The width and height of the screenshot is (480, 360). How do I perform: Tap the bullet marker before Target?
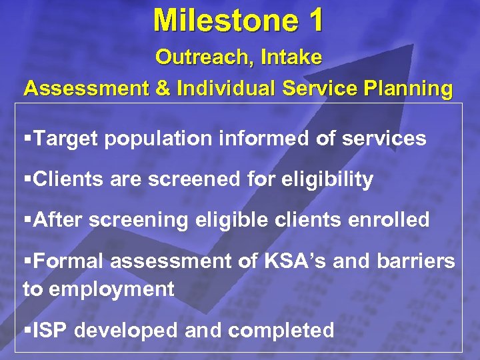pyautogui.click(x=27, y=139)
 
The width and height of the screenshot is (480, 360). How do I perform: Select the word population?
pyautogui.click(x=159, y=139)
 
